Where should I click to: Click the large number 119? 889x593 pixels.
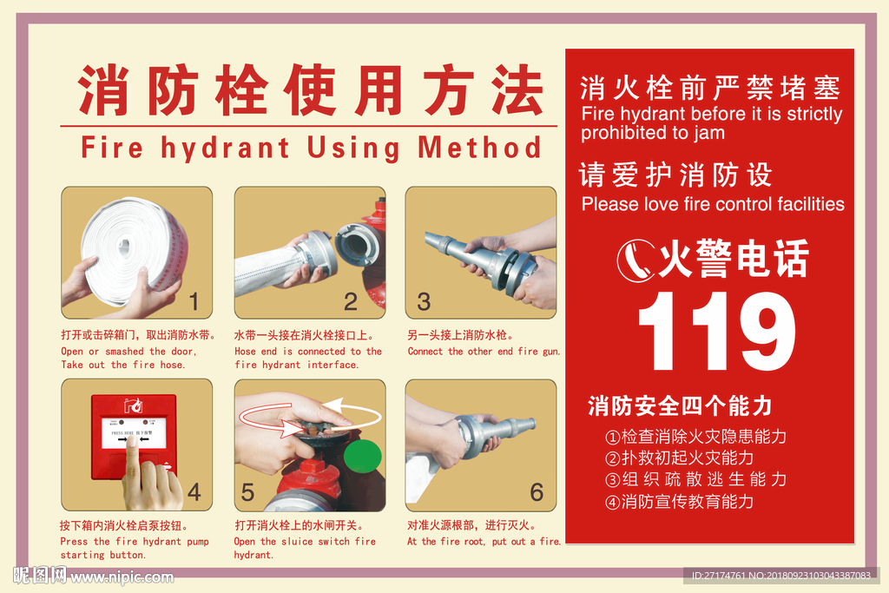[x=716, y=331]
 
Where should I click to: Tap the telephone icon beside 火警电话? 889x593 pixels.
[x=636, y=260]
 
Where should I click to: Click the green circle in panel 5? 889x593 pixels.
[x=362, y=457]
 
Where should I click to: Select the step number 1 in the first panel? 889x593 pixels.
[x=194, y=301]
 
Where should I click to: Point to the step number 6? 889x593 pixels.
[x=537, y=492]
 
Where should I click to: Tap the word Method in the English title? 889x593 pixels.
[x=479, y=148]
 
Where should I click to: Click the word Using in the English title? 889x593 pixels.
[x=353, y=148]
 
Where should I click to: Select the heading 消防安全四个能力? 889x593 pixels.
[x=680, y=406]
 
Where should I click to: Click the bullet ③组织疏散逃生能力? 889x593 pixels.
[x=695, y=479]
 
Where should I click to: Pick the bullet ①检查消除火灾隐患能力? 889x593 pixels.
[x=695, y=437]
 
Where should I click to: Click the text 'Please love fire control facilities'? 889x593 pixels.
[x=713, y=204]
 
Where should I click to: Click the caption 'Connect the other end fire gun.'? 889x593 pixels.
[x=484, y=352]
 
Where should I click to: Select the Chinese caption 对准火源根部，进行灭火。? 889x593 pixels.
[x=471, y=525]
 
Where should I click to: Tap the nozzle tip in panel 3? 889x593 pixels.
[x=429, y=239]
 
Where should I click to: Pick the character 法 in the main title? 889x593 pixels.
[x=517, y=90]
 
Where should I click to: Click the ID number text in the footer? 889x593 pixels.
[x=780, y=576]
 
